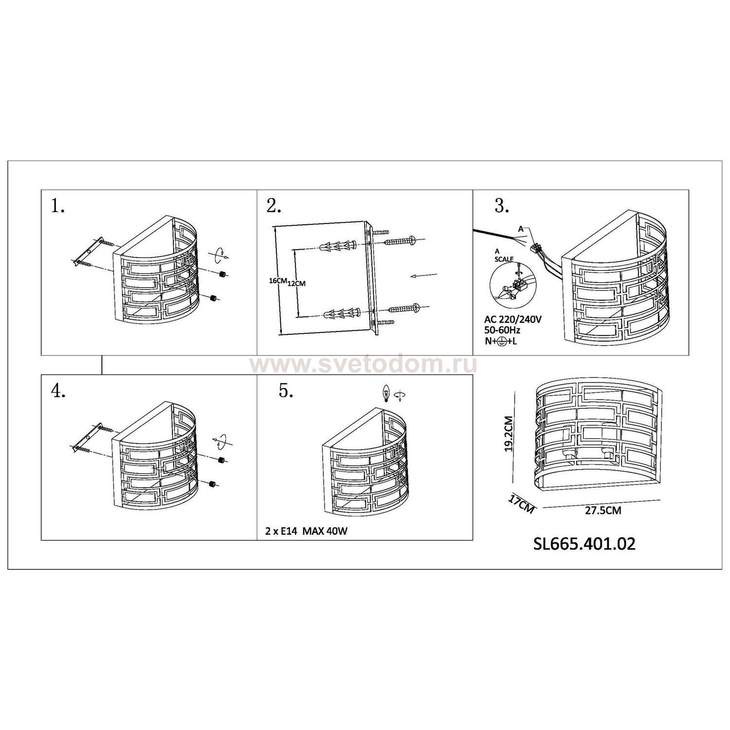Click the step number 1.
[58, 207]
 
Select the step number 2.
[274, 207]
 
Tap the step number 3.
[502, 206]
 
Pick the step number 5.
[286, 391]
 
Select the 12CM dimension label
[296, 284]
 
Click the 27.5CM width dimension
[603, 511]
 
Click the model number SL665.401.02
[584, 544]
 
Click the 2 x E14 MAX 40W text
[307, 531]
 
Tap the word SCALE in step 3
[504, 259]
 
